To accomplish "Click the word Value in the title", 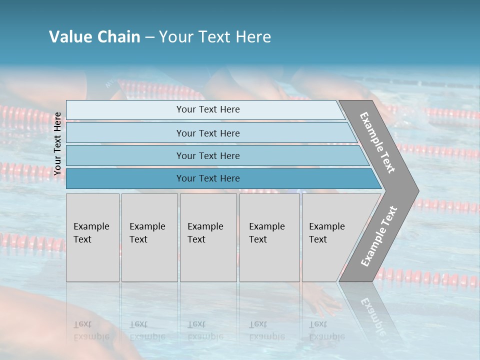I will [68, 37].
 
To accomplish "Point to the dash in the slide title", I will [149, 37].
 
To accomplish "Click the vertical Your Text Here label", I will [57, 143].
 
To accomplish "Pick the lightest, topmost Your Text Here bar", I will [207, 109].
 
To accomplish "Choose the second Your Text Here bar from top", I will [207, 133].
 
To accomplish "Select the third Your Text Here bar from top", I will [207, 155].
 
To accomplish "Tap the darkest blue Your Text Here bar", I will [207, 178].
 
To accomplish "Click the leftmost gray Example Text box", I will [92, 237].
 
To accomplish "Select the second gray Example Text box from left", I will [149, 237].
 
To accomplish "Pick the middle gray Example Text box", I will [208, 237].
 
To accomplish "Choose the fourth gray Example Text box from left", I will [269, 237].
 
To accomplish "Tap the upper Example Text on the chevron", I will [377, 142].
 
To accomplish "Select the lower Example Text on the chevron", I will [378, 236].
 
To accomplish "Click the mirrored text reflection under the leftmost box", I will [91, 330].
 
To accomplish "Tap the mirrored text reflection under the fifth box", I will [326, 330].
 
